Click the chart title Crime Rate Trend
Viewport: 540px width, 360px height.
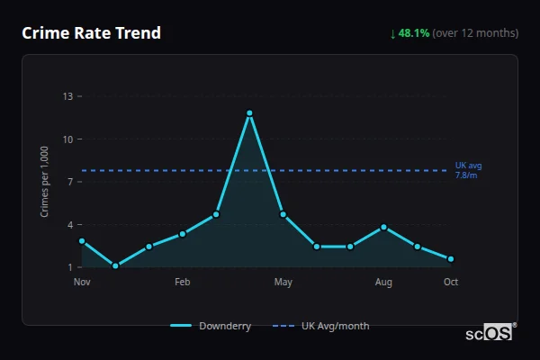coord(91,33)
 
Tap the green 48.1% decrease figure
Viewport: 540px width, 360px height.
coord(413,33)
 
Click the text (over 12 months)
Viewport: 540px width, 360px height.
coord(475,33)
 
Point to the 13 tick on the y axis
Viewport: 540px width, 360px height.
coord(67,96)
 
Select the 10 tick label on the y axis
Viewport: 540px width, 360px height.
coord(67,139)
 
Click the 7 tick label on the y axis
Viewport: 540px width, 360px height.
coord(70,182)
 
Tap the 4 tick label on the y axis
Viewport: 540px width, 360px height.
coord(70,224)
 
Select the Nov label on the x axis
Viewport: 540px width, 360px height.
coord(82,283)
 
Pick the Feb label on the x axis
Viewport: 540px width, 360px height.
coord(182,283)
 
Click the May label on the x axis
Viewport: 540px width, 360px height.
coord(283,283)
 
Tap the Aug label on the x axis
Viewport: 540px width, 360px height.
coord(383,283)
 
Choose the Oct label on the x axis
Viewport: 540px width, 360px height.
coord(451,283)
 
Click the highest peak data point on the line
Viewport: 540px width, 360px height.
coord(249,113)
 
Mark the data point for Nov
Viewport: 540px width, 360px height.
coord(82,241)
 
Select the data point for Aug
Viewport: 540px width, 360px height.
coord(384,227)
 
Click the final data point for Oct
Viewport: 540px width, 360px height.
coord(451,259)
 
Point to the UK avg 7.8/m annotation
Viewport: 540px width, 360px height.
coord(469,171)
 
